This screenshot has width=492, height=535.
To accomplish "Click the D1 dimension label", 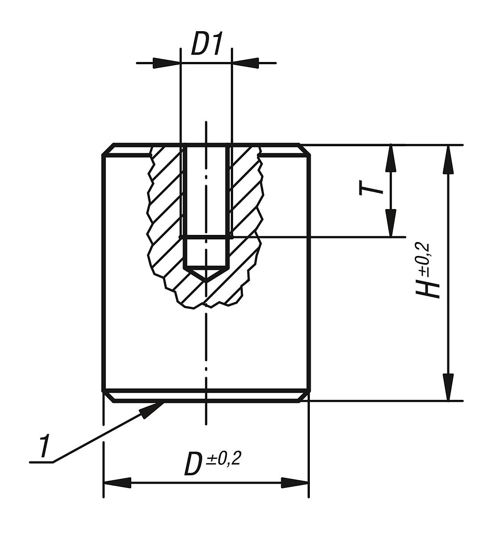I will click(207, 44).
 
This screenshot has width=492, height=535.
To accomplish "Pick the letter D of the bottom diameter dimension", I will click(192, 464).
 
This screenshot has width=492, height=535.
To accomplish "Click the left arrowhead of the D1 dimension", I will click(166, 63).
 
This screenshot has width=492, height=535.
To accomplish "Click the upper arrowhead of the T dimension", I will click(391, 158).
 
